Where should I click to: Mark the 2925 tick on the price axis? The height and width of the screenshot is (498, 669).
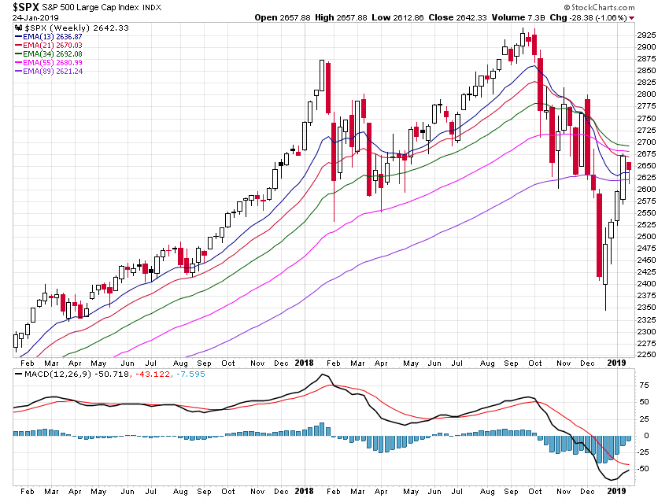pyautogui.click(x=646, y=35)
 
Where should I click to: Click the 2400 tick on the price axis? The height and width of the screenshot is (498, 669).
pyautogui.click(x=646, y=284)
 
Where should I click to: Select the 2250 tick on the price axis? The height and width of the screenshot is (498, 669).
pyautogui.click(x=646, y=355)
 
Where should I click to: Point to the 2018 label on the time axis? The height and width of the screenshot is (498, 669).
pyautogui.click(x=305, y=363)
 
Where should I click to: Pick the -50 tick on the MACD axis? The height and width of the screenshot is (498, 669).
pyautogui.click(x=644, y=469)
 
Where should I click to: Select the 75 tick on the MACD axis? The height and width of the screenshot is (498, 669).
pyautogui.click(x=643, y=385)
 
